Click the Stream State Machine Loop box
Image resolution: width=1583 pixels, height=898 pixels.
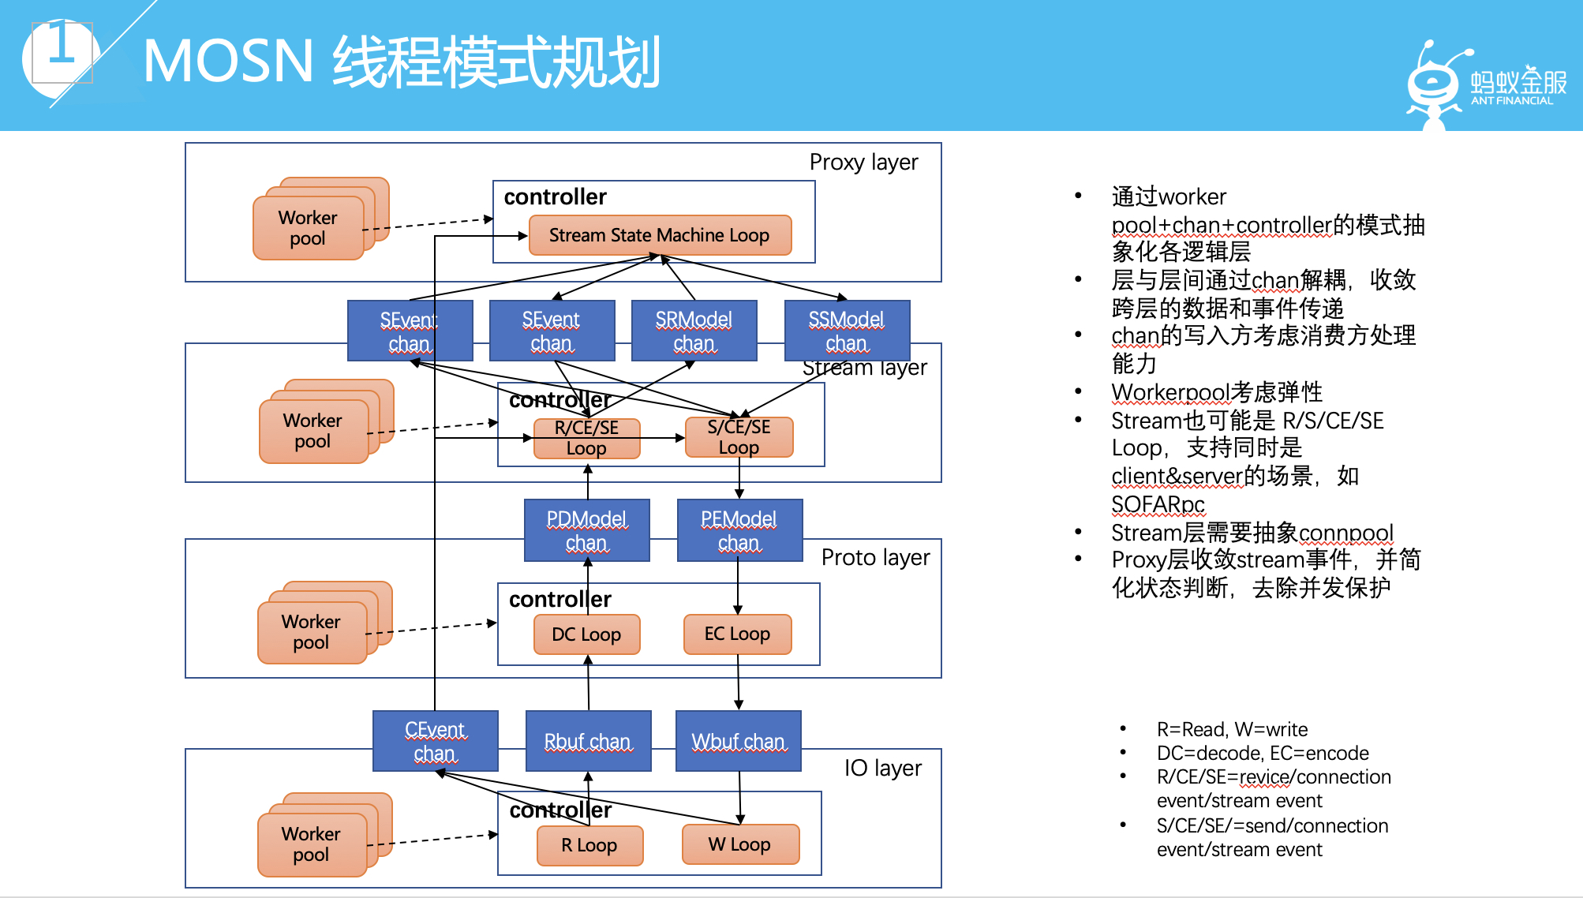pyautogui.click(x=660, y=235)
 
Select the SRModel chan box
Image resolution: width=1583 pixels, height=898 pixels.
pyautogui.click(x=694, y=331)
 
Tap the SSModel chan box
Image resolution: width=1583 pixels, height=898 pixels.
pyautogui.click(x=848, y=331)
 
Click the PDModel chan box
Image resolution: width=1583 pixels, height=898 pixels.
pyautogui.click(x=587, y=530)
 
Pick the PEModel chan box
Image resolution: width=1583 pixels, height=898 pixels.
pyautogui.click(x=740, y=530)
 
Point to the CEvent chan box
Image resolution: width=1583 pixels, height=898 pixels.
pyautogui.click(x=436, y=741)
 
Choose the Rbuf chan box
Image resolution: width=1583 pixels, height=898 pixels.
pyautogui.click(x=589, y=741)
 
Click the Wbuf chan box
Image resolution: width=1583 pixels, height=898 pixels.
pyautogui.click(x=739, y=741)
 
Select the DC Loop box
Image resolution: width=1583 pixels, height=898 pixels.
pyautogui.click(x=586, y=634)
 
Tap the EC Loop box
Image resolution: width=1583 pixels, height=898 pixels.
pyautogui.click(x=738, y=634)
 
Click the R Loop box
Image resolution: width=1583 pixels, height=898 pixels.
pyautogui.click(x=589, y=845)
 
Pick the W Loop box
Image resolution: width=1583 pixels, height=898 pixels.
pyautogui.click(x=740, y=844)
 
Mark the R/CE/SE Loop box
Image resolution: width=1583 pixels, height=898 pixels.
pyautogui.click(x=586, y=438)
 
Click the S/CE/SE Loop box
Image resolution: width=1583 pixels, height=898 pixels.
pyautogui.click(x=739, y=437)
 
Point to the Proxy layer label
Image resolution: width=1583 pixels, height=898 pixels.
pyautogui.click(x=864, y=162)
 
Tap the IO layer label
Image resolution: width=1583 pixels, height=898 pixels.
pyautogui.click(x=883, y=768)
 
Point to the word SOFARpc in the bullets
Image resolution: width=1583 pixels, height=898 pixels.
pyautogui.click(x=1158, y=504)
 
